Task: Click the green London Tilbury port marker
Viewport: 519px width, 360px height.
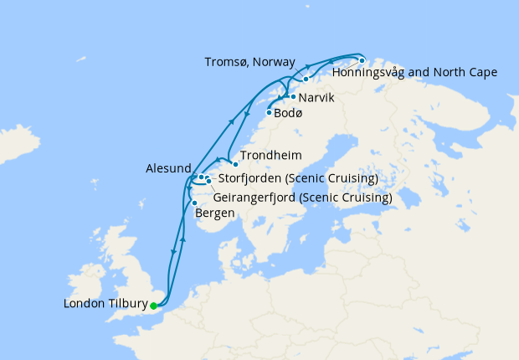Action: pyautogui.click(x=153, y=306)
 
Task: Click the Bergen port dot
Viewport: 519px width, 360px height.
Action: pyautogui.click(x=194, y=203)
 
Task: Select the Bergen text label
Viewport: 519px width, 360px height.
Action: pyautogui.click(x=213, y=213)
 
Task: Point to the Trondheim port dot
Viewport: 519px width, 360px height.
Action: pyautogui.click(x=235, y=164)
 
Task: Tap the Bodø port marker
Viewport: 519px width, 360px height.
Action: pyautogui.click(x=269, y=113)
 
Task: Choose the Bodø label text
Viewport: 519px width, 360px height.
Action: pyautogui.click(x=287, y=113)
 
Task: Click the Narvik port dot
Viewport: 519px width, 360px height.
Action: pyautogui.click(x=292, y=97)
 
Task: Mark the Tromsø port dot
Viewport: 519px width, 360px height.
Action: pyautogui.click(x=306, y=79)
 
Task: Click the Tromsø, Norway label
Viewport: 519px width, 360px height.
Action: pyautogui.click(x=249, y=63)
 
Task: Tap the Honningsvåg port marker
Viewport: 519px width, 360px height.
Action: pyautogui.click(x=362, y=60)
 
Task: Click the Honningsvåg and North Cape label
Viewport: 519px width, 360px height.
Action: pyautogui.click(x=414, y=73)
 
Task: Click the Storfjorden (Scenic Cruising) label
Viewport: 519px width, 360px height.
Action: pyautogui.click(x=297, y=178)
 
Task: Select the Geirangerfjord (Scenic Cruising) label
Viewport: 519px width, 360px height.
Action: pyautogui.click(x=303, y=198)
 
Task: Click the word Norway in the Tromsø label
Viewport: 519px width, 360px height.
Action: pyautogui.click(x=275, y=63)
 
